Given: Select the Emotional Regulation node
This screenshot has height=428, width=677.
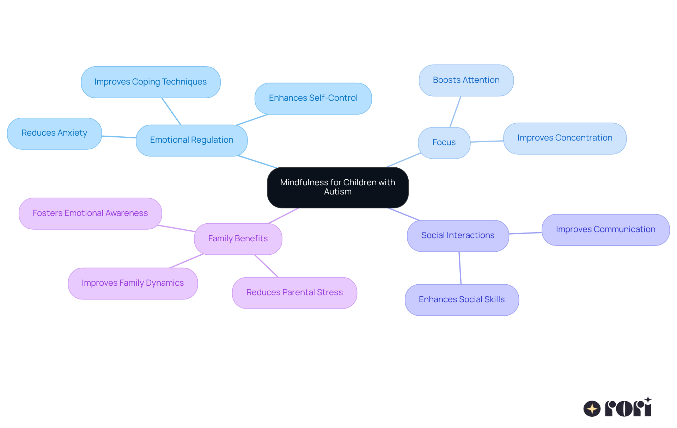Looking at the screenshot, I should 191,140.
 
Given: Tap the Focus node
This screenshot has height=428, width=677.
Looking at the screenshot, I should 444,143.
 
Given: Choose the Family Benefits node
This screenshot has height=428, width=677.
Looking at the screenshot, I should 238,239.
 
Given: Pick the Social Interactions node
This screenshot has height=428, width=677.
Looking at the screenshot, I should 458,236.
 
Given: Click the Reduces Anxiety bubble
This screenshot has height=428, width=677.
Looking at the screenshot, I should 54,133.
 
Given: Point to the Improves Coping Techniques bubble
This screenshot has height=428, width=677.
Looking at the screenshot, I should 151,82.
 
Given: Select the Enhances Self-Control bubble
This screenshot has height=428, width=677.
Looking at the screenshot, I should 313,98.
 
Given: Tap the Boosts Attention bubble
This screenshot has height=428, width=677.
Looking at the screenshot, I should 466,80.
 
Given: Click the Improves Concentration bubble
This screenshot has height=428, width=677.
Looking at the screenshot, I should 565,138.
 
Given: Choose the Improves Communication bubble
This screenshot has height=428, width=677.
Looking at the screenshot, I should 605,230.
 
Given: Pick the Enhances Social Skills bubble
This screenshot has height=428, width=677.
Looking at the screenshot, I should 462,300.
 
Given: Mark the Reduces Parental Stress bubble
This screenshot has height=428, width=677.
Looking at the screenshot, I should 294,293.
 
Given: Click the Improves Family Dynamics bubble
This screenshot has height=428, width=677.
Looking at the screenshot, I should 133,283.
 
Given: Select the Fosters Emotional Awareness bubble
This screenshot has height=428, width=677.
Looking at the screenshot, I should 90,213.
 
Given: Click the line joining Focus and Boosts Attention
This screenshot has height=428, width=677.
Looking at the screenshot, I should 455,112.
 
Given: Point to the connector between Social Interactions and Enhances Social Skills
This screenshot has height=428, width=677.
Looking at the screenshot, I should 460,268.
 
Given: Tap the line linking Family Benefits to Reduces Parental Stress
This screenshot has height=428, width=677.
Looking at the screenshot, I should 266,266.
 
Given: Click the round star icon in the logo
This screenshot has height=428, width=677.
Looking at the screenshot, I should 592,409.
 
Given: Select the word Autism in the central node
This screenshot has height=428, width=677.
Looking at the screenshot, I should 337,192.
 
